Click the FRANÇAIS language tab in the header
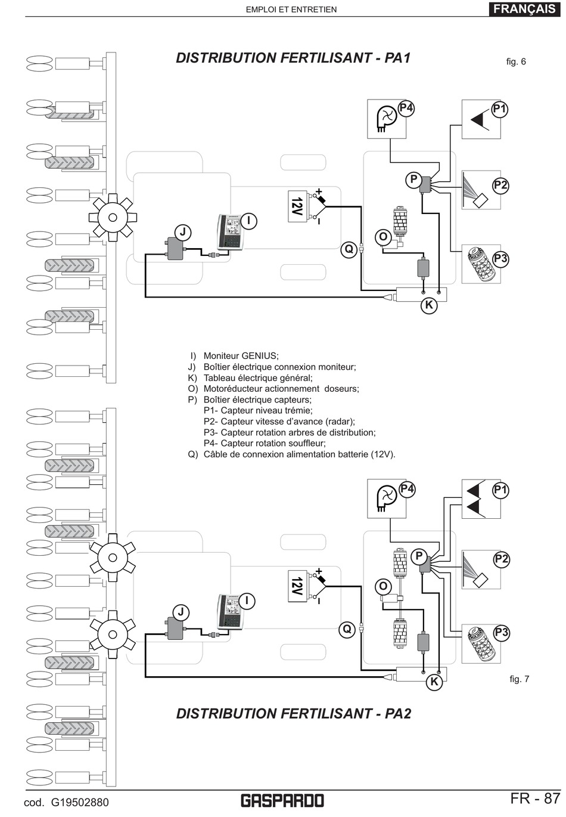524,9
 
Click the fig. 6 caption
516,61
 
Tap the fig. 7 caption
519,679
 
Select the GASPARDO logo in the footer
282,800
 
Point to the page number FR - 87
535,799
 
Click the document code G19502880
66,802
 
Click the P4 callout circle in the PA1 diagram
406,108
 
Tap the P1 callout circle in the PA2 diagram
500,490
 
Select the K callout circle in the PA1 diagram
428,306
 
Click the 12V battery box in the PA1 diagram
297,206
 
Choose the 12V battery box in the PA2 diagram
297,586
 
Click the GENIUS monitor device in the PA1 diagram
229,232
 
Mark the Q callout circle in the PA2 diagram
347,629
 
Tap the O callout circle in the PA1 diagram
384,237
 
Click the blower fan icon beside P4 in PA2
386,498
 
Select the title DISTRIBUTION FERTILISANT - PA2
294,714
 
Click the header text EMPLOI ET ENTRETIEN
291,10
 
